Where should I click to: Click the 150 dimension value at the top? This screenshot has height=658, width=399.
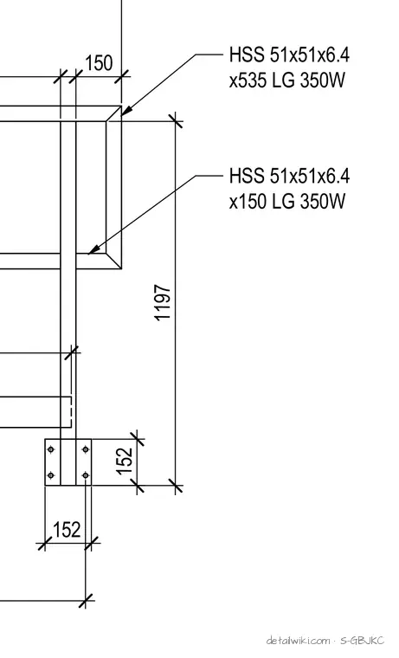(99, 63)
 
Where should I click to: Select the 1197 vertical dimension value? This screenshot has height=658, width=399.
(164, 302)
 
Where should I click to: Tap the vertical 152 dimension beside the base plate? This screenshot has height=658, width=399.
(125, 461)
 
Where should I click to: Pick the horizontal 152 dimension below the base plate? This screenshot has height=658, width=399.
(67, 530)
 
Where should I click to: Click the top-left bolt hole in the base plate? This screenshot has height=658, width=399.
(51, 449)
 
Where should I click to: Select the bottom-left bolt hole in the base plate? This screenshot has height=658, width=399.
(51, 475)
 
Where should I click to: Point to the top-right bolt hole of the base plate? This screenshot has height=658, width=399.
(86, 449)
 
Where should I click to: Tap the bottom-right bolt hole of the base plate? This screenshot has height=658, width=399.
(86, 475)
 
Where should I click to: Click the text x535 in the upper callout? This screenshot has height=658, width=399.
(248, 80)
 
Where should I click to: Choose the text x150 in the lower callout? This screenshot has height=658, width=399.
(248, 201)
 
